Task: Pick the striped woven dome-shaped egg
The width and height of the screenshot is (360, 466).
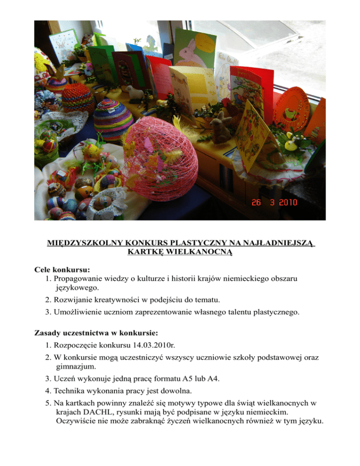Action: [112, 120]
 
